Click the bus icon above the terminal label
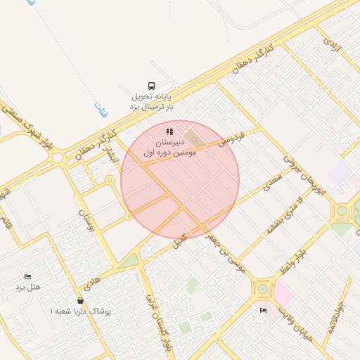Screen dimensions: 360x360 tap(152, 84)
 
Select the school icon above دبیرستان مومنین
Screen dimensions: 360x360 tap(169, 131)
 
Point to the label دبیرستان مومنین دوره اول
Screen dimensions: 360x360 tap(168, 146)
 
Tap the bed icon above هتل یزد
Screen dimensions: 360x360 tap(28, 277)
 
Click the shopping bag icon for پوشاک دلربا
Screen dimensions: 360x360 tap(81, 301)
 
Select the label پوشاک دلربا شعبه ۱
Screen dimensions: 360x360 tap(81, 311)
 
